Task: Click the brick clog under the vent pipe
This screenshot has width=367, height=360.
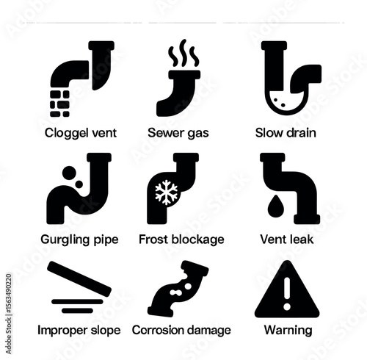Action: [x=59, y=104]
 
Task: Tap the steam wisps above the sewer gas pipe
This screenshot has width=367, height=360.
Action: [x=183, y=54]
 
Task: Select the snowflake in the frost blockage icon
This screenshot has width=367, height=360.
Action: [x=167, y=192]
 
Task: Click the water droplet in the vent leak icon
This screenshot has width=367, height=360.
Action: [x=276, y=206]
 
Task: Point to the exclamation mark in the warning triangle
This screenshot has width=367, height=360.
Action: [x=287, y=294]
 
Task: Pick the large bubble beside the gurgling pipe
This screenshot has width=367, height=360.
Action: [x=69, y=173]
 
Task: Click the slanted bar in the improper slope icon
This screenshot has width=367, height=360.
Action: [x=79, y=278]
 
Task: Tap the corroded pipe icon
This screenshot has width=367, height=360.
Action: [x=178, y=289]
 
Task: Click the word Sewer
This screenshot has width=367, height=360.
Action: [x=162, y=133]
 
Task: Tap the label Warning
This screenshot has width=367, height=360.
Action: [x=288, y=331]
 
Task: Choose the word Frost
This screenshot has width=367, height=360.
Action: [x=153, y=240]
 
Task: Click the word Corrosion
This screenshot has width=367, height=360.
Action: [x=153, y=330]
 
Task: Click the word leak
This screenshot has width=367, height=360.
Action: [x=301, y=240]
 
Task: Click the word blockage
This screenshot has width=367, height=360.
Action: [x=197, y=240]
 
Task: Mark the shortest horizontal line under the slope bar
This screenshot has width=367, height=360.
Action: [x=77, y=311]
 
